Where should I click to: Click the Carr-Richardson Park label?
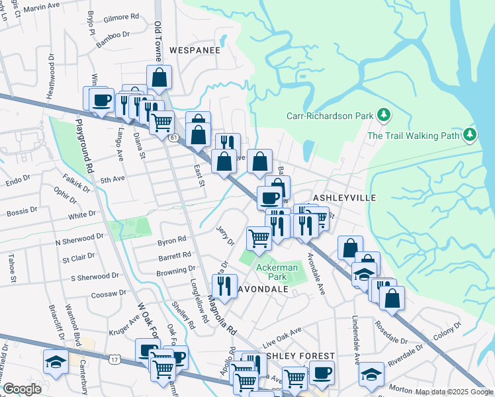pyautogui.click(x=330, y=116)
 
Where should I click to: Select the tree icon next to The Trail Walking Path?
pyautogui.click(x=470, y=136)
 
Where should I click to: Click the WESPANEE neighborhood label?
pyautogui.click(x=194, y=50)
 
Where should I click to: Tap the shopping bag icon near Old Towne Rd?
pyautogui.click(x=159, y=77)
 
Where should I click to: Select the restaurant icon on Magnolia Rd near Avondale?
pyautogui.click(x=224, y=286)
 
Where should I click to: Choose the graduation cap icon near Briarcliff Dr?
pyautogui.click(x=54, y=361)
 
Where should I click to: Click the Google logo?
pyautogui.click(x=22, y=389)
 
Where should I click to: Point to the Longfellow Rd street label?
pyautogui.click(x=198, y=296)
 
